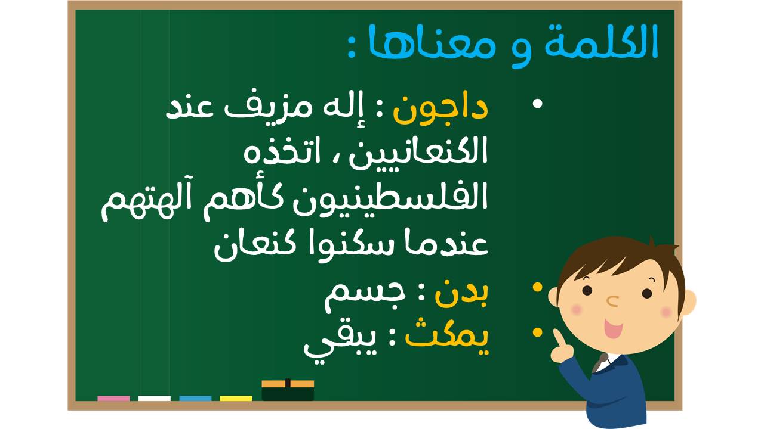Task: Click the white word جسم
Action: [x=365, y=297]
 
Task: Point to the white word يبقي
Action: [x=340, y=344]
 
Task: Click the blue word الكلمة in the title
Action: [x=600, y=42]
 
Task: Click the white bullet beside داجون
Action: [x=537, y=104]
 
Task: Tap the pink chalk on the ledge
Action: [x=113, y=399]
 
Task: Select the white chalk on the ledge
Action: [x=154, y=399]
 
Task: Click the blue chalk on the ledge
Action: [x=195, y=399]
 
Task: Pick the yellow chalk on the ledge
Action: [x=236, y=399]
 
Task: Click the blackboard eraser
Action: [x=288, y=390]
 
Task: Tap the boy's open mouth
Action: [x=613, y=328]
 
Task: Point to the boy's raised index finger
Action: [x=558, y=338]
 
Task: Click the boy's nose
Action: [x=613, y=301]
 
